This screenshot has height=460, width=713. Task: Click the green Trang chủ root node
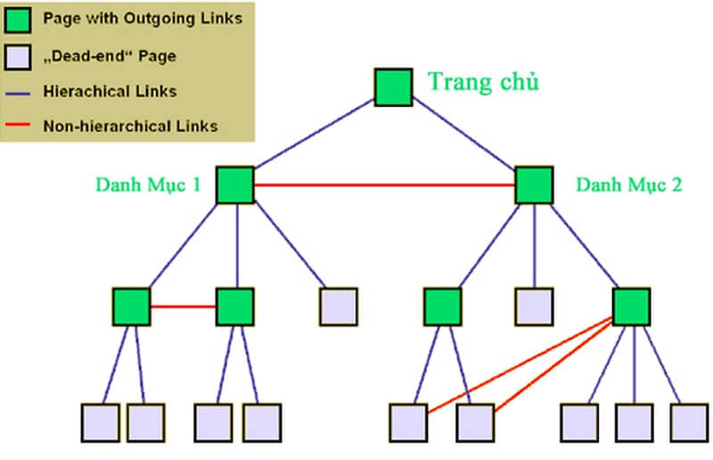[392, 85]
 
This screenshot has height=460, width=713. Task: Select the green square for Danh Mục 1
[235, 185]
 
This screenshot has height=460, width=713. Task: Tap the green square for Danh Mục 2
[533, 185]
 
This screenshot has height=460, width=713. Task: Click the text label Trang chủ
[484, 82]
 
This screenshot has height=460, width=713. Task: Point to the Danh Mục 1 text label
[149, 185]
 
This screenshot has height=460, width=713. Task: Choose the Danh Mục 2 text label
[628, 185]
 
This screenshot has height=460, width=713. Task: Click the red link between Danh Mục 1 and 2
[383, 185]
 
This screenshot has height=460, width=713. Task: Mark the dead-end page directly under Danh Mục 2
[533, 306]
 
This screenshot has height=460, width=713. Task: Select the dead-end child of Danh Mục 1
[338, 306]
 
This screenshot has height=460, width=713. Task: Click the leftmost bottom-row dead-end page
[100, 421]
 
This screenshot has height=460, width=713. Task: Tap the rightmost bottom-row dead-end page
[688, 421]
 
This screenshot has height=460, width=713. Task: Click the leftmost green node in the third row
[132, 306]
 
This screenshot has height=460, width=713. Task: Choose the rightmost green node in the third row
[631, 306]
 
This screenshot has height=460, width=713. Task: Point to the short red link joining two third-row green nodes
[184, 306]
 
